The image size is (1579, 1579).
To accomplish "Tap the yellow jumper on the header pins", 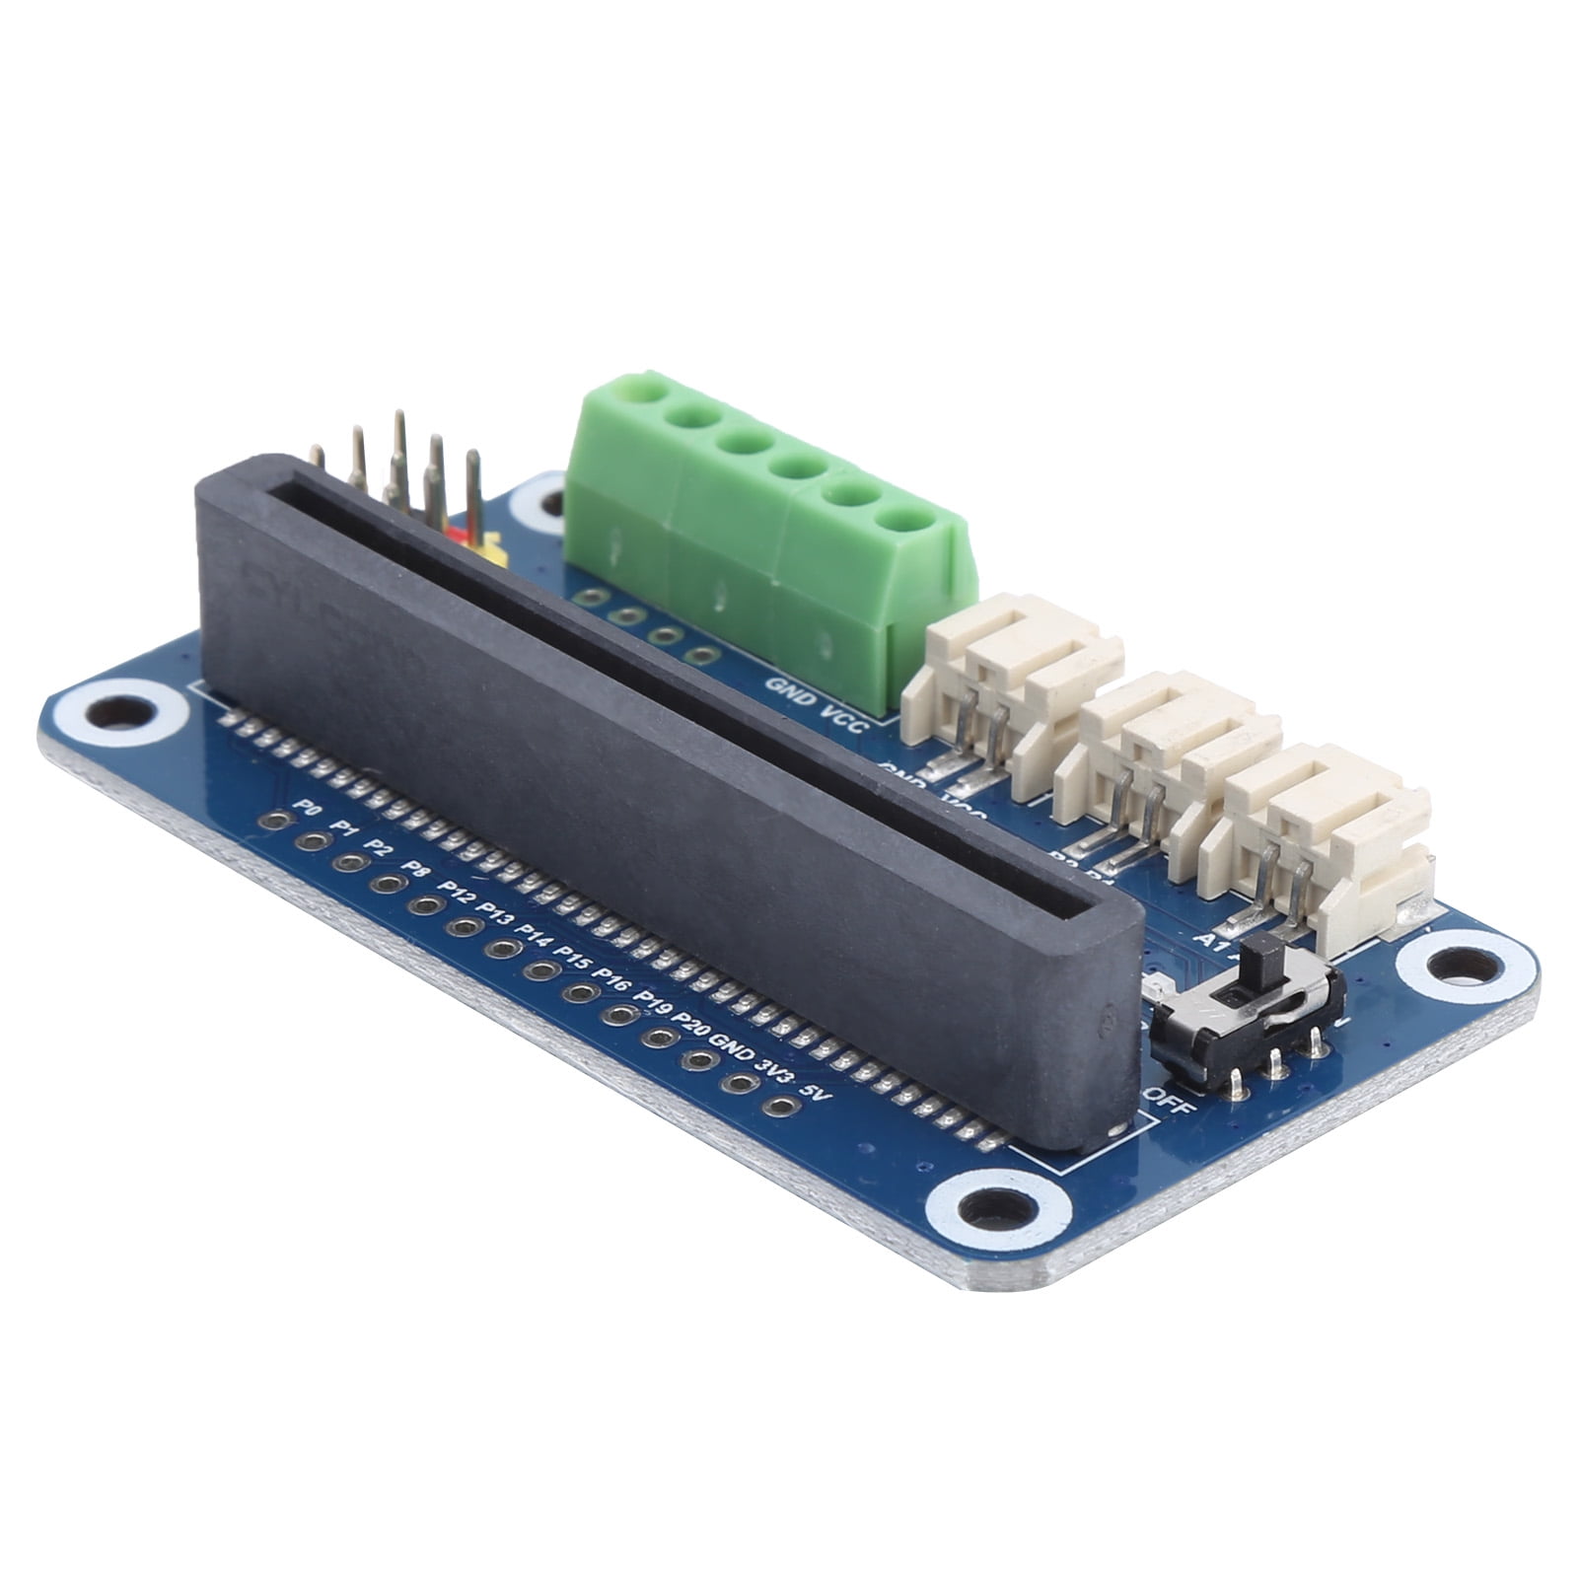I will pyautogui.click(x=491, y=550).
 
